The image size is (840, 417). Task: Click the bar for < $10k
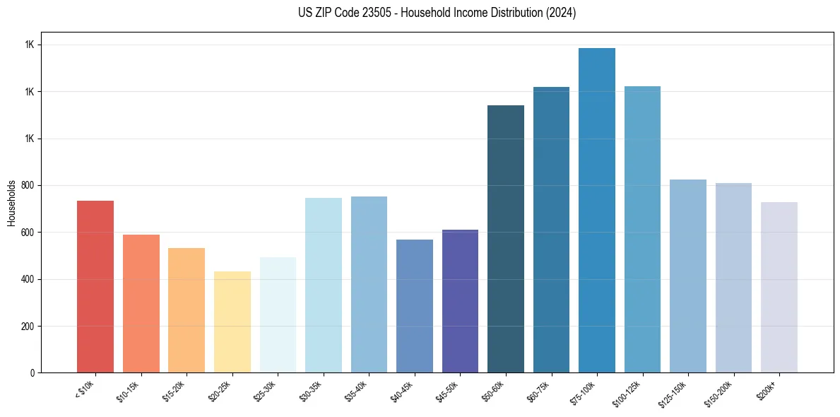pyautogui.click(x=95, y=286)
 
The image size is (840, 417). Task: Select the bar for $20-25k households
pyautogui.click(x=232, y=322)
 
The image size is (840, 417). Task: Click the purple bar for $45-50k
pyautogui.click(x=460, y=301)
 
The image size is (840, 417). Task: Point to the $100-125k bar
pyautogui.click(x=642, y=229)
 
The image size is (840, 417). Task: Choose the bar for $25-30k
pyautogui.click(x=278, y=315)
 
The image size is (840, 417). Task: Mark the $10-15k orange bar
pyautogui.click(x=141, y=303)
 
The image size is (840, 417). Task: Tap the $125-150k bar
pyautogui.click(x=688, y=276)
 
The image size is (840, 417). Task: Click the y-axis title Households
pyautogui.click(x=11, y=202)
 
